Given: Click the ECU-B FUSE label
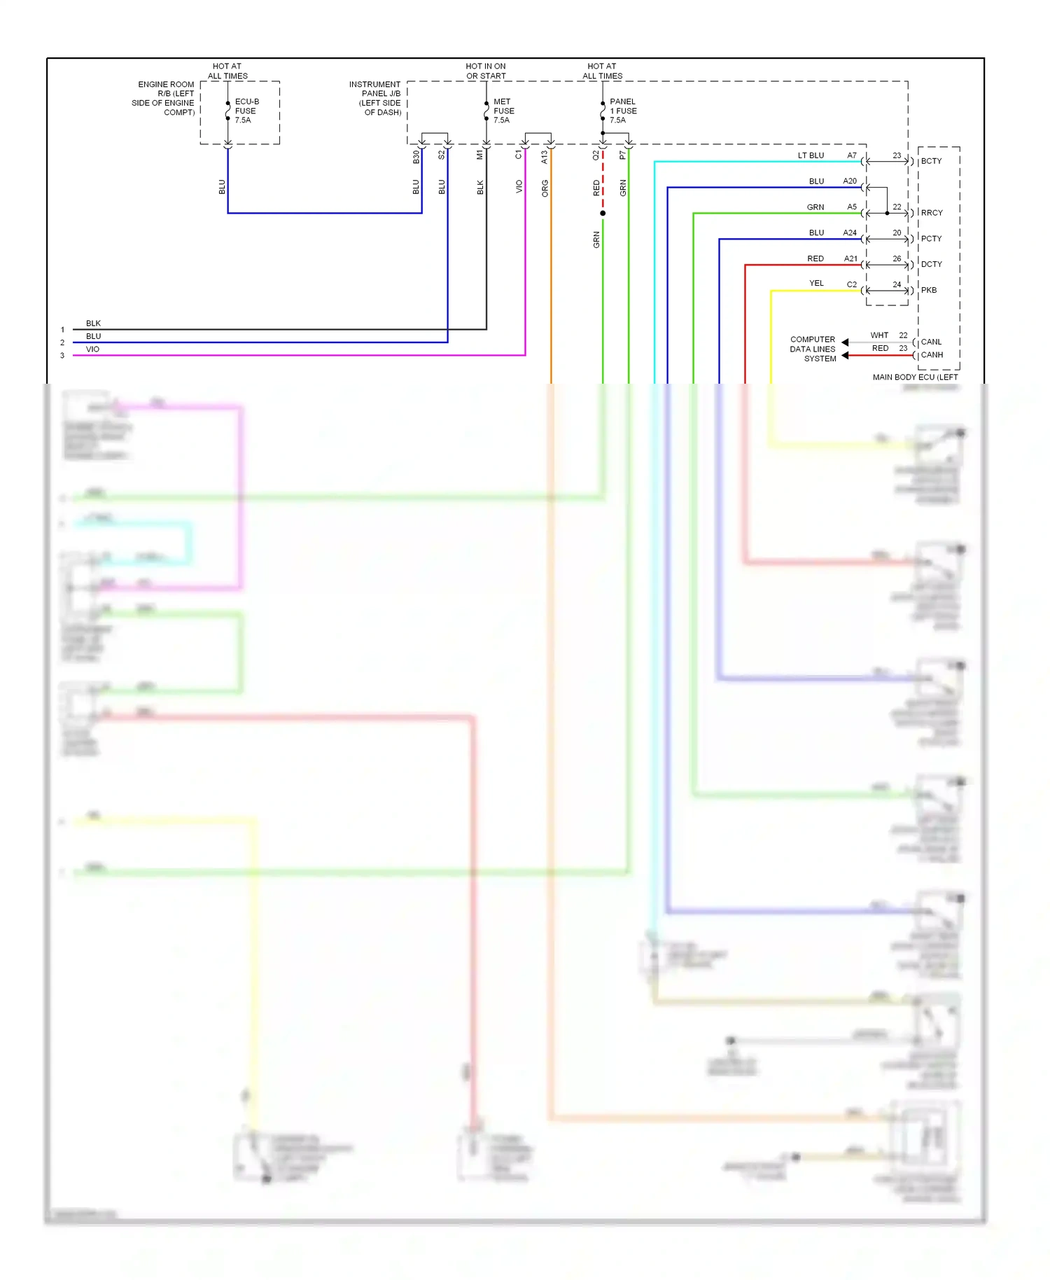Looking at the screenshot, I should [246, 111].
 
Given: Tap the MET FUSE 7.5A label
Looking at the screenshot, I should [503, 111].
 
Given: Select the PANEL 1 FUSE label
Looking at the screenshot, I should [622, 111].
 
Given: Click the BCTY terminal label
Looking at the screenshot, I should [931, 161].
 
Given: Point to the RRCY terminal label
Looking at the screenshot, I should [932, 213].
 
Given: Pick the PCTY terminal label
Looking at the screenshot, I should [931, 239].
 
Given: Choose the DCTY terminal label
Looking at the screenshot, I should [931, 265].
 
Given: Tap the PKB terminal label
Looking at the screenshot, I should [928, 290].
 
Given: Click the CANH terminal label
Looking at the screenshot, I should [932, 355].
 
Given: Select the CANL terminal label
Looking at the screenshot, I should [931, 342].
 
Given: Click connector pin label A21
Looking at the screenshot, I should [850, 258].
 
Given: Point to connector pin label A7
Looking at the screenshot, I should [852, 155].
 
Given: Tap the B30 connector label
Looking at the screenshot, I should [416, 157].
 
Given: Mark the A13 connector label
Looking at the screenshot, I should [545, 158].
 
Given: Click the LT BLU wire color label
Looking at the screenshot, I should [811, 155].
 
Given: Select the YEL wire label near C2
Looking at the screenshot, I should [816, 284].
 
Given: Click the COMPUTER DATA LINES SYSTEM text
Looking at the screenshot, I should [813, 349].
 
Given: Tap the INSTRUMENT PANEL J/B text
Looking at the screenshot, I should [375, 98].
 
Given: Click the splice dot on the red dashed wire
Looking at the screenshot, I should [603, 213].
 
